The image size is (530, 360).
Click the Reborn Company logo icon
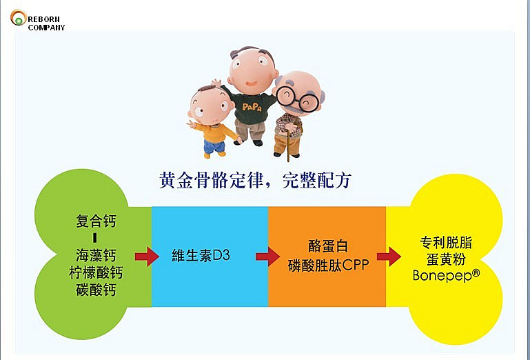pos(18,19)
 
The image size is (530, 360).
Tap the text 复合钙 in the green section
pos(96,222)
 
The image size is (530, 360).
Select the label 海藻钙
pos(96,255)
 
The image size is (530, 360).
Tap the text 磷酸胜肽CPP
pos(329,265)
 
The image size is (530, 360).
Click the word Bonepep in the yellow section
pos(445,274)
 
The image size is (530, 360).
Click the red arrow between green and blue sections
pos(146,257)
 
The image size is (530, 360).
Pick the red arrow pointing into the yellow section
pos(389,257)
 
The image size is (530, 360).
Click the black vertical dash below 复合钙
pos(96,239)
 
